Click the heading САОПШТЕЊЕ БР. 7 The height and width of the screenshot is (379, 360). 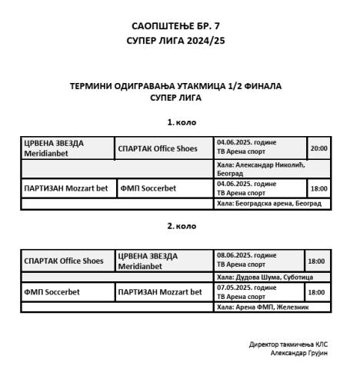(180, 26)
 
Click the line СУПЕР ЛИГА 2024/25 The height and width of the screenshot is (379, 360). (180, 40)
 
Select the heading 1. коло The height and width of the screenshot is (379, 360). (181, 122)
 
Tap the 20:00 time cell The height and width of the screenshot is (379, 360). (318, 148)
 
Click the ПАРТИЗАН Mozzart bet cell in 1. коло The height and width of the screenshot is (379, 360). (66, 188)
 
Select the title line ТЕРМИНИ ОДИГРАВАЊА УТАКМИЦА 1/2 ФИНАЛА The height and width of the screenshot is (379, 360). (180, 87)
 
